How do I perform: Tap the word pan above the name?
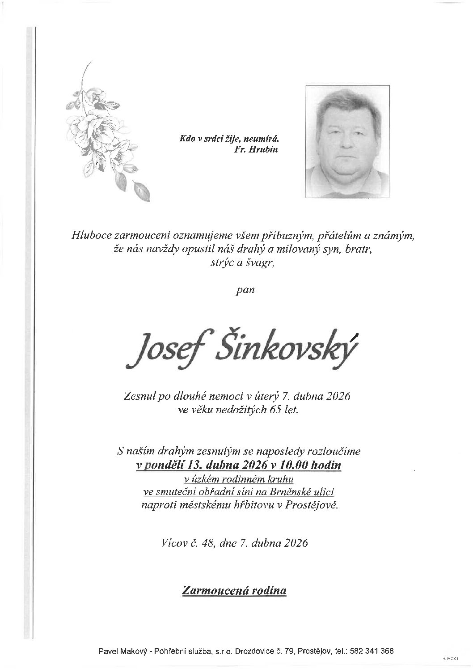[x=245, y=290]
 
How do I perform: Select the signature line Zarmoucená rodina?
[x=234, y=591]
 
